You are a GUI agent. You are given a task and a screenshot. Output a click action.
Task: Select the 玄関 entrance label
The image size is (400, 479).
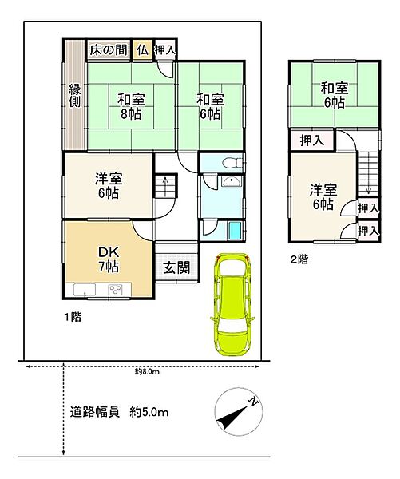pos(176,267)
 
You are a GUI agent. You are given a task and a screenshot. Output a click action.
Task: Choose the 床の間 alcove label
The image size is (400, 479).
pos(109,49)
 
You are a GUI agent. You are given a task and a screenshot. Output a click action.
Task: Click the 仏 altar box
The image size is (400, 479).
pos(142,49)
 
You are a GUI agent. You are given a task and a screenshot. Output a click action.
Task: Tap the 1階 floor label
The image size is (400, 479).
pos(71,317)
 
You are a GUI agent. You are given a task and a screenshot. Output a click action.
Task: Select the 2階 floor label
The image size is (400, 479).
pos(299,259)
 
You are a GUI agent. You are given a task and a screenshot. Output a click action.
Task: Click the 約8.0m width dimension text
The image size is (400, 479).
pos(149,371)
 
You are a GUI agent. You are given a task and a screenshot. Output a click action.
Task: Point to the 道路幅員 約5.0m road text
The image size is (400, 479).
pos(119,413)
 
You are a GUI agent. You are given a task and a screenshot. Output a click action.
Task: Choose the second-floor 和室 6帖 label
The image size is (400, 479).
pos(334,95)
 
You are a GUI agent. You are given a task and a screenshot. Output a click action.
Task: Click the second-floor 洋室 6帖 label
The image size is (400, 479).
pos(323,196)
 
